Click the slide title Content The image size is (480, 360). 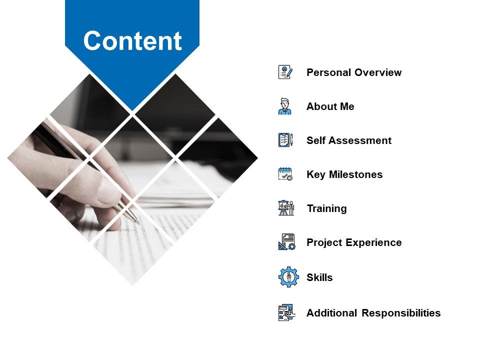132,41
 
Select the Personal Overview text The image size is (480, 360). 353,72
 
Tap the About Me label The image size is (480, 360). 330,106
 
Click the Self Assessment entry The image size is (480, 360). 348,140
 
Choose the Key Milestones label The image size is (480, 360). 344,174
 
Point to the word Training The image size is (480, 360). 326,208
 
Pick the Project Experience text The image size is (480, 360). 353,242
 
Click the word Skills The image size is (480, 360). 319,277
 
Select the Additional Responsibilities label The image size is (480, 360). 373,313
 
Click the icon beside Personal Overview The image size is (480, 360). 285,72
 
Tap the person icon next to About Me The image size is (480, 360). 285,106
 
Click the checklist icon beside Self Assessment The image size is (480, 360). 285,140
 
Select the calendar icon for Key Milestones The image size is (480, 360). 285,174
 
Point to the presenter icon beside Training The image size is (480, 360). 285,208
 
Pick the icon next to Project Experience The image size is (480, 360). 286,242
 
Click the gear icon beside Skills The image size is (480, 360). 288,276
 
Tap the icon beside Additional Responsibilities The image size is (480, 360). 286,312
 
